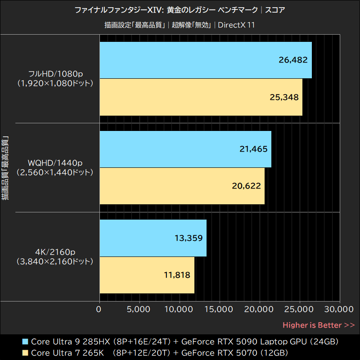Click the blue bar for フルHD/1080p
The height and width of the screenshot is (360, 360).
click(x=205, y=60)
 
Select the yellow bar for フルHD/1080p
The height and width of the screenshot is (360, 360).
click(x=201, y=97)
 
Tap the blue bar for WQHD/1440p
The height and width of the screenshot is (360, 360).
click(x=185, y=149)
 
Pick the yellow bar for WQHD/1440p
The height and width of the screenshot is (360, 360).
click(x=182, y=186)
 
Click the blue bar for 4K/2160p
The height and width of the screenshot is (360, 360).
click(x=153, y=238)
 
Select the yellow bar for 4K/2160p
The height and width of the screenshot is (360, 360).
click(x=147, y=275)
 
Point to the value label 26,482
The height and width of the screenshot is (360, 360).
click(x=292, y=60)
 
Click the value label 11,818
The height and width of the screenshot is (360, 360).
click(x=175, y=275)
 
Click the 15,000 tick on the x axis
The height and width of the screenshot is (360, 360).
click(x=219, y=309)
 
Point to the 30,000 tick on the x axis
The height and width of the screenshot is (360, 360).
click(x=339, y=309)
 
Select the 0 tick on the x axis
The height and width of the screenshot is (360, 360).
click(x=99, y=309)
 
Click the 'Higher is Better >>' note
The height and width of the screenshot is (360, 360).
click(x=319, y=325)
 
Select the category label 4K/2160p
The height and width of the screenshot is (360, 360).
click(x=54, y=251)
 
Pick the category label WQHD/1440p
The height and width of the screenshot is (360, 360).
click(x=54, y=162)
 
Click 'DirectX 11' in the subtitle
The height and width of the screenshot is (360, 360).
click(x=236, y=25)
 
